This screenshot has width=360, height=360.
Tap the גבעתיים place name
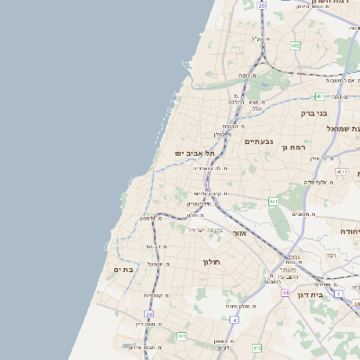click(x=257, y=141)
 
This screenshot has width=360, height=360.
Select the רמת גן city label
click(x=293, y=147)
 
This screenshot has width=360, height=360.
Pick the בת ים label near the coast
click(x=123, y=269)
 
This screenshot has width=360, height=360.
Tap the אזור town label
click(x=239, y=233)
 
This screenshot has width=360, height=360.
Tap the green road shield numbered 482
click(x=295, y=45)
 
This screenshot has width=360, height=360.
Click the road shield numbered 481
click(x=319, y=96)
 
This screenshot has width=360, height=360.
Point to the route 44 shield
click(x=284, y=292)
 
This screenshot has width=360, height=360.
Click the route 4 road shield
click(x=234, y=319)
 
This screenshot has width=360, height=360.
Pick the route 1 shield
click(x=338, y=293)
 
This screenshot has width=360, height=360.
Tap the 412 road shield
click(x=342, y=171)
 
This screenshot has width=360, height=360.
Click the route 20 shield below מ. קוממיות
click(x=149, y=314)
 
